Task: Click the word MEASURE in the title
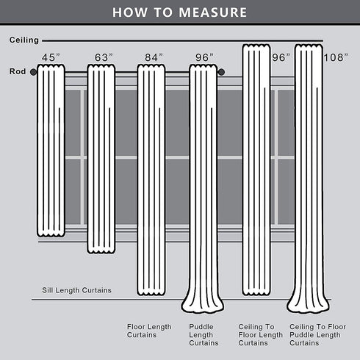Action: [213, 12]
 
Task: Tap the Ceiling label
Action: [24, 40]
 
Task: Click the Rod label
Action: [18, 71]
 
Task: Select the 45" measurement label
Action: [51, 57]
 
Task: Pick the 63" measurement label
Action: [104, 57]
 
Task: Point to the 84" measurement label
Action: [154, 57]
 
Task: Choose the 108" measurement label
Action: [336, 57]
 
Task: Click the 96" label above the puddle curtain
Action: [204, 57]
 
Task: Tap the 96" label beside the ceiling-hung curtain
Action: [281, 57]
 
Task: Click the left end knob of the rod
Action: [33, 72]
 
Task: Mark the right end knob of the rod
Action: [221, 72]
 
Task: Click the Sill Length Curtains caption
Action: [76, 290]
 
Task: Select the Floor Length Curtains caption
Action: [149, 331]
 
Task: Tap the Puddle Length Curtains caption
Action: [204, 335]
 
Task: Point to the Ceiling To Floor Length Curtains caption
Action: [261, 335]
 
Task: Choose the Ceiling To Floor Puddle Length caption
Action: [317, 335]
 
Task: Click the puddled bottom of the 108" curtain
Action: [308, 305]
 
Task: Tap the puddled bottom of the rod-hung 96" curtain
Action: [203, 305]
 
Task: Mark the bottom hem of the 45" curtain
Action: [51, 234]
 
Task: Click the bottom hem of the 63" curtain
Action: [101, 251]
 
